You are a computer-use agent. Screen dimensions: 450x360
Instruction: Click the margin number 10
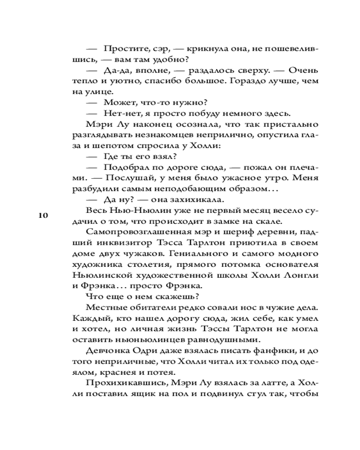click(x=43, y=215)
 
